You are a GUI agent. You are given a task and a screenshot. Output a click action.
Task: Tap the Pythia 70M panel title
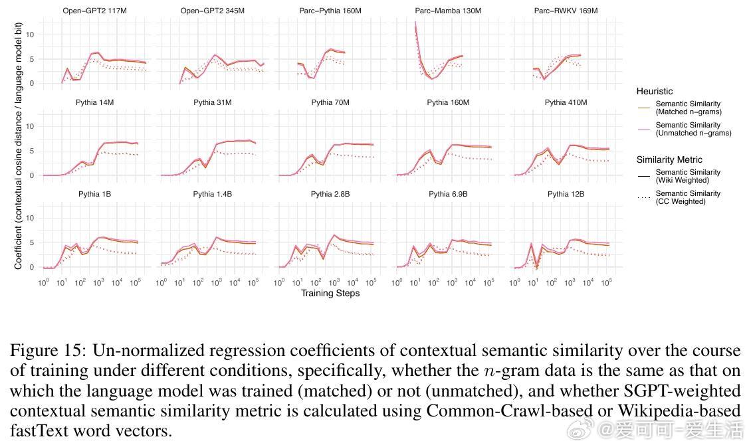(330, 102)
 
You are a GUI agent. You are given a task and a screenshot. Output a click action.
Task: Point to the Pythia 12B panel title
(566, 194)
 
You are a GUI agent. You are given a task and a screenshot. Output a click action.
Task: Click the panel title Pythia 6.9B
(448, 194)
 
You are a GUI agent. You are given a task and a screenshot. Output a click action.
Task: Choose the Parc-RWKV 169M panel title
(566, 11)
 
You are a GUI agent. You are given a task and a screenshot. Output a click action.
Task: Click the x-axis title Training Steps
(330, 293)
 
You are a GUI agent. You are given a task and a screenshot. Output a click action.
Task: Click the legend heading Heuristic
(654, 91)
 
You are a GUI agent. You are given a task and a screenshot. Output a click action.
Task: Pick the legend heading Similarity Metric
(669, 159)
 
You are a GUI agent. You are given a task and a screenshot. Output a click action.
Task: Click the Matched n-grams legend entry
(688, 108)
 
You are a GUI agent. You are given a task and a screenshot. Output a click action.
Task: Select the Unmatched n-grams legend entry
(693, 129)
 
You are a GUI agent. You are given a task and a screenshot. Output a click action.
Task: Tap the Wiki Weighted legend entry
(688, 176)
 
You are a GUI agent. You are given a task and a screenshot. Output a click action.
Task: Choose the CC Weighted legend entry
(688, 197)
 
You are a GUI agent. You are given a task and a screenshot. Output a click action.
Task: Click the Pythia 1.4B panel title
(212, 194)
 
